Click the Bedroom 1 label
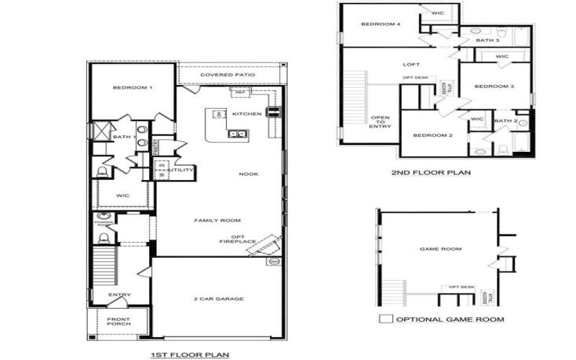(x=132, y=88)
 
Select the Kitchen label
(x=246, y=114)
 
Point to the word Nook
(x=248, y=174)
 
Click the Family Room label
(x=217, y=220)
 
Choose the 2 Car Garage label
(x=218, y=299)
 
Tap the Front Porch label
(x=119, y=321)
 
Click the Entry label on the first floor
(x=119, y=294)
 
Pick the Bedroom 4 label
(x=380, y=24)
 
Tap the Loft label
(x=410, y=65)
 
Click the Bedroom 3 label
(x=493, y=86)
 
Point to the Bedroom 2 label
(x=432, y=135)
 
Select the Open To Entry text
(x=379, y=122)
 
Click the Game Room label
(x=440, y=249)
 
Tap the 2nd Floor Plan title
(x=431, y=173)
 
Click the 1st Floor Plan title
(x=189, y=354)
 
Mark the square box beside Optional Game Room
(x=385, y=319)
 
